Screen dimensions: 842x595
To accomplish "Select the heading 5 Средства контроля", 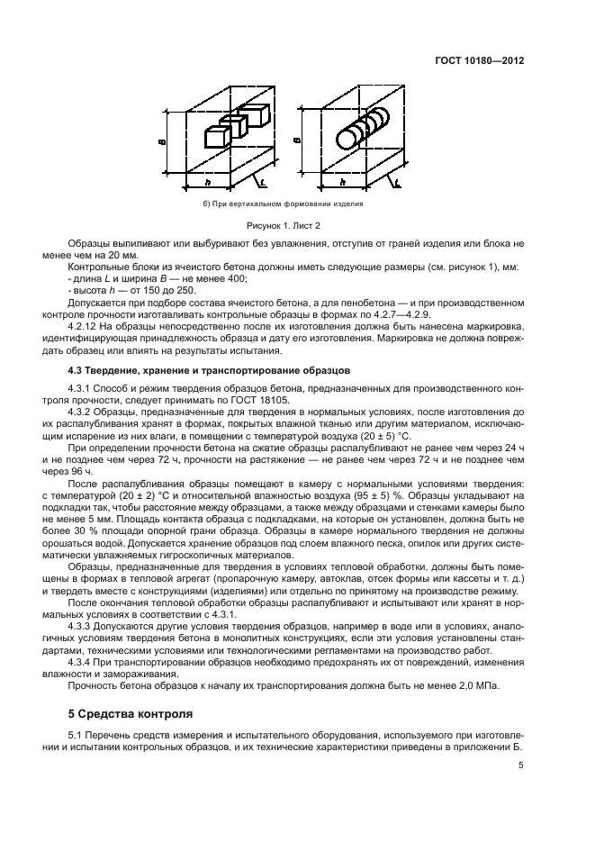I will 131,714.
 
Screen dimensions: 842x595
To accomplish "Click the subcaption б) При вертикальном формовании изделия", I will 284,204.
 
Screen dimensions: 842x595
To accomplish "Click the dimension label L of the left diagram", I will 260,184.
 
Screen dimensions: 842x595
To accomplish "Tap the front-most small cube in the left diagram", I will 215,137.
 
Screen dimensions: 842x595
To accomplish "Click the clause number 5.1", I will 77,738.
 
